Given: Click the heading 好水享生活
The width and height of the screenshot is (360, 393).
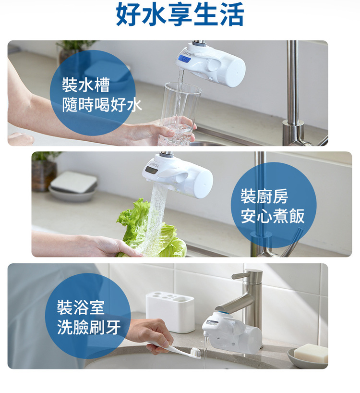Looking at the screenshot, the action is pos(180,14).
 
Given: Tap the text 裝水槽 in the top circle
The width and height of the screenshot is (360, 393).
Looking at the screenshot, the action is pos(86,85).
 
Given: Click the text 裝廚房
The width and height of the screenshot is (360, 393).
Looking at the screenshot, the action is pos(264,196).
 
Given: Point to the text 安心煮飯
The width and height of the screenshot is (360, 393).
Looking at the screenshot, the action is pos(273,216).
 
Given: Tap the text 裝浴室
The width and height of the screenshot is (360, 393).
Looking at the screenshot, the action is pos(81,307).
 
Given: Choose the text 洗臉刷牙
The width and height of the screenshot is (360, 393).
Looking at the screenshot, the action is pos(89,327).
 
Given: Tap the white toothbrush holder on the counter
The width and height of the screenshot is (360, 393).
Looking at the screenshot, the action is pos(170,312).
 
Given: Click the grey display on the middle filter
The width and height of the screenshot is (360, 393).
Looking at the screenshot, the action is pos(151,171).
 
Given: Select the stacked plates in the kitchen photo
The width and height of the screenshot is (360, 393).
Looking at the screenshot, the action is pos(73,186).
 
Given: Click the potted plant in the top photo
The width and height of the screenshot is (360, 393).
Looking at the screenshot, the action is pos(73,51).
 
